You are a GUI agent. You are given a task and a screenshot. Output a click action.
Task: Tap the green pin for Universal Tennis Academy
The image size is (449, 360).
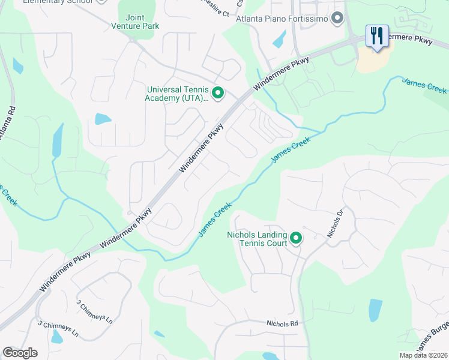coord(218,94)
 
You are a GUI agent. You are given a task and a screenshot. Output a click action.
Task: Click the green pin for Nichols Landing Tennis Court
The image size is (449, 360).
coord(296,239)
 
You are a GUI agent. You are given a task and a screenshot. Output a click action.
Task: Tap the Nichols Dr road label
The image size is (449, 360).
coord(335,224)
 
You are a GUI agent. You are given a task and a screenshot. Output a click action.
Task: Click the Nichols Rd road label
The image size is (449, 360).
coord(282,323)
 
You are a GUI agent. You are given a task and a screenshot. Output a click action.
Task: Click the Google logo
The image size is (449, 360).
coord(20,353)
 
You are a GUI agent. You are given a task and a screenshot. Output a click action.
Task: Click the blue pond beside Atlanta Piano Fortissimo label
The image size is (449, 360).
coord(279,39)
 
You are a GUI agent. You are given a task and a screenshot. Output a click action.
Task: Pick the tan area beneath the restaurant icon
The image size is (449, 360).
coord(373,58)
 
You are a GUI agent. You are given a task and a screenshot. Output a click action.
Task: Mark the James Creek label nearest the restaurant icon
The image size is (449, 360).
coord(424,86)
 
